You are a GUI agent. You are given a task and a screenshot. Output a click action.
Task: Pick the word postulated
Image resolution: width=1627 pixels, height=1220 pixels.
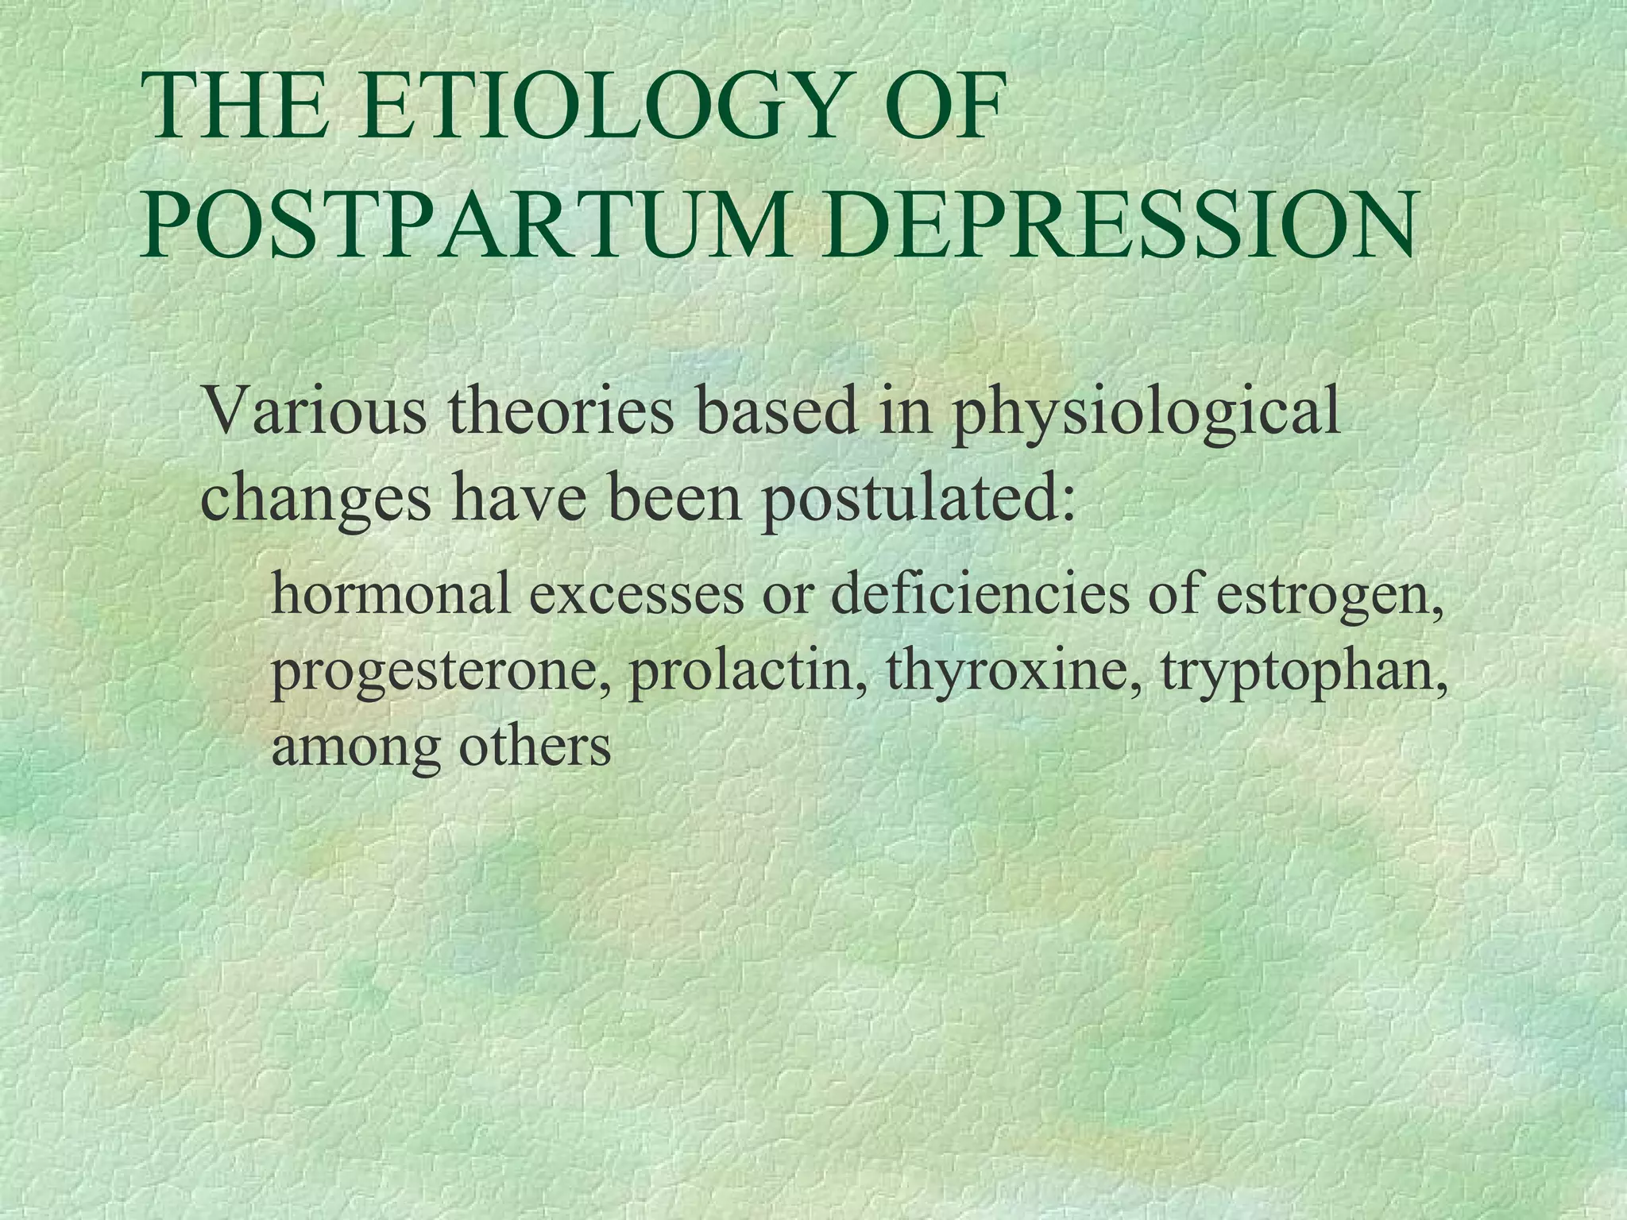tap(917, 499)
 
